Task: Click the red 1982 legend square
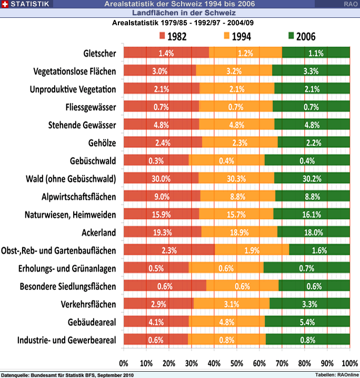click(162, 36)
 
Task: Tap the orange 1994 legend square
click(227, 36)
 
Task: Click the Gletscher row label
click(99, 53)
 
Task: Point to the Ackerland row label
click(98, 232)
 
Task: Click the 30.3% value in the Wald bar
click(236, 178)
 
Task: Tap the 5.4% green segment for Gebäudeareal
click(307, 321)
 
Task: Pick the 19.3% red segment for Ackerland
click(162, 232)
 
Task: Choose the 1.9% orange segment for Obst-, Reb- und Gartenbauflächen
click(252, 250)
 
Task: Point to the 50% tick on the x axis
click(237, 363)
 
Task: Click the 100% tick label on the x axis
click(349, 363)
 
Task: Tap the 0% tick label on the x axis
click(124, 363)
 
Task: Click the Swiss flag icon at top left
click(5, 4)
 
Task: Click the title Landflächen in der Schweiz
click(184, 12)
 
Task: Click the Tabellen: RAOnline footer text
click(336, 374)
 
